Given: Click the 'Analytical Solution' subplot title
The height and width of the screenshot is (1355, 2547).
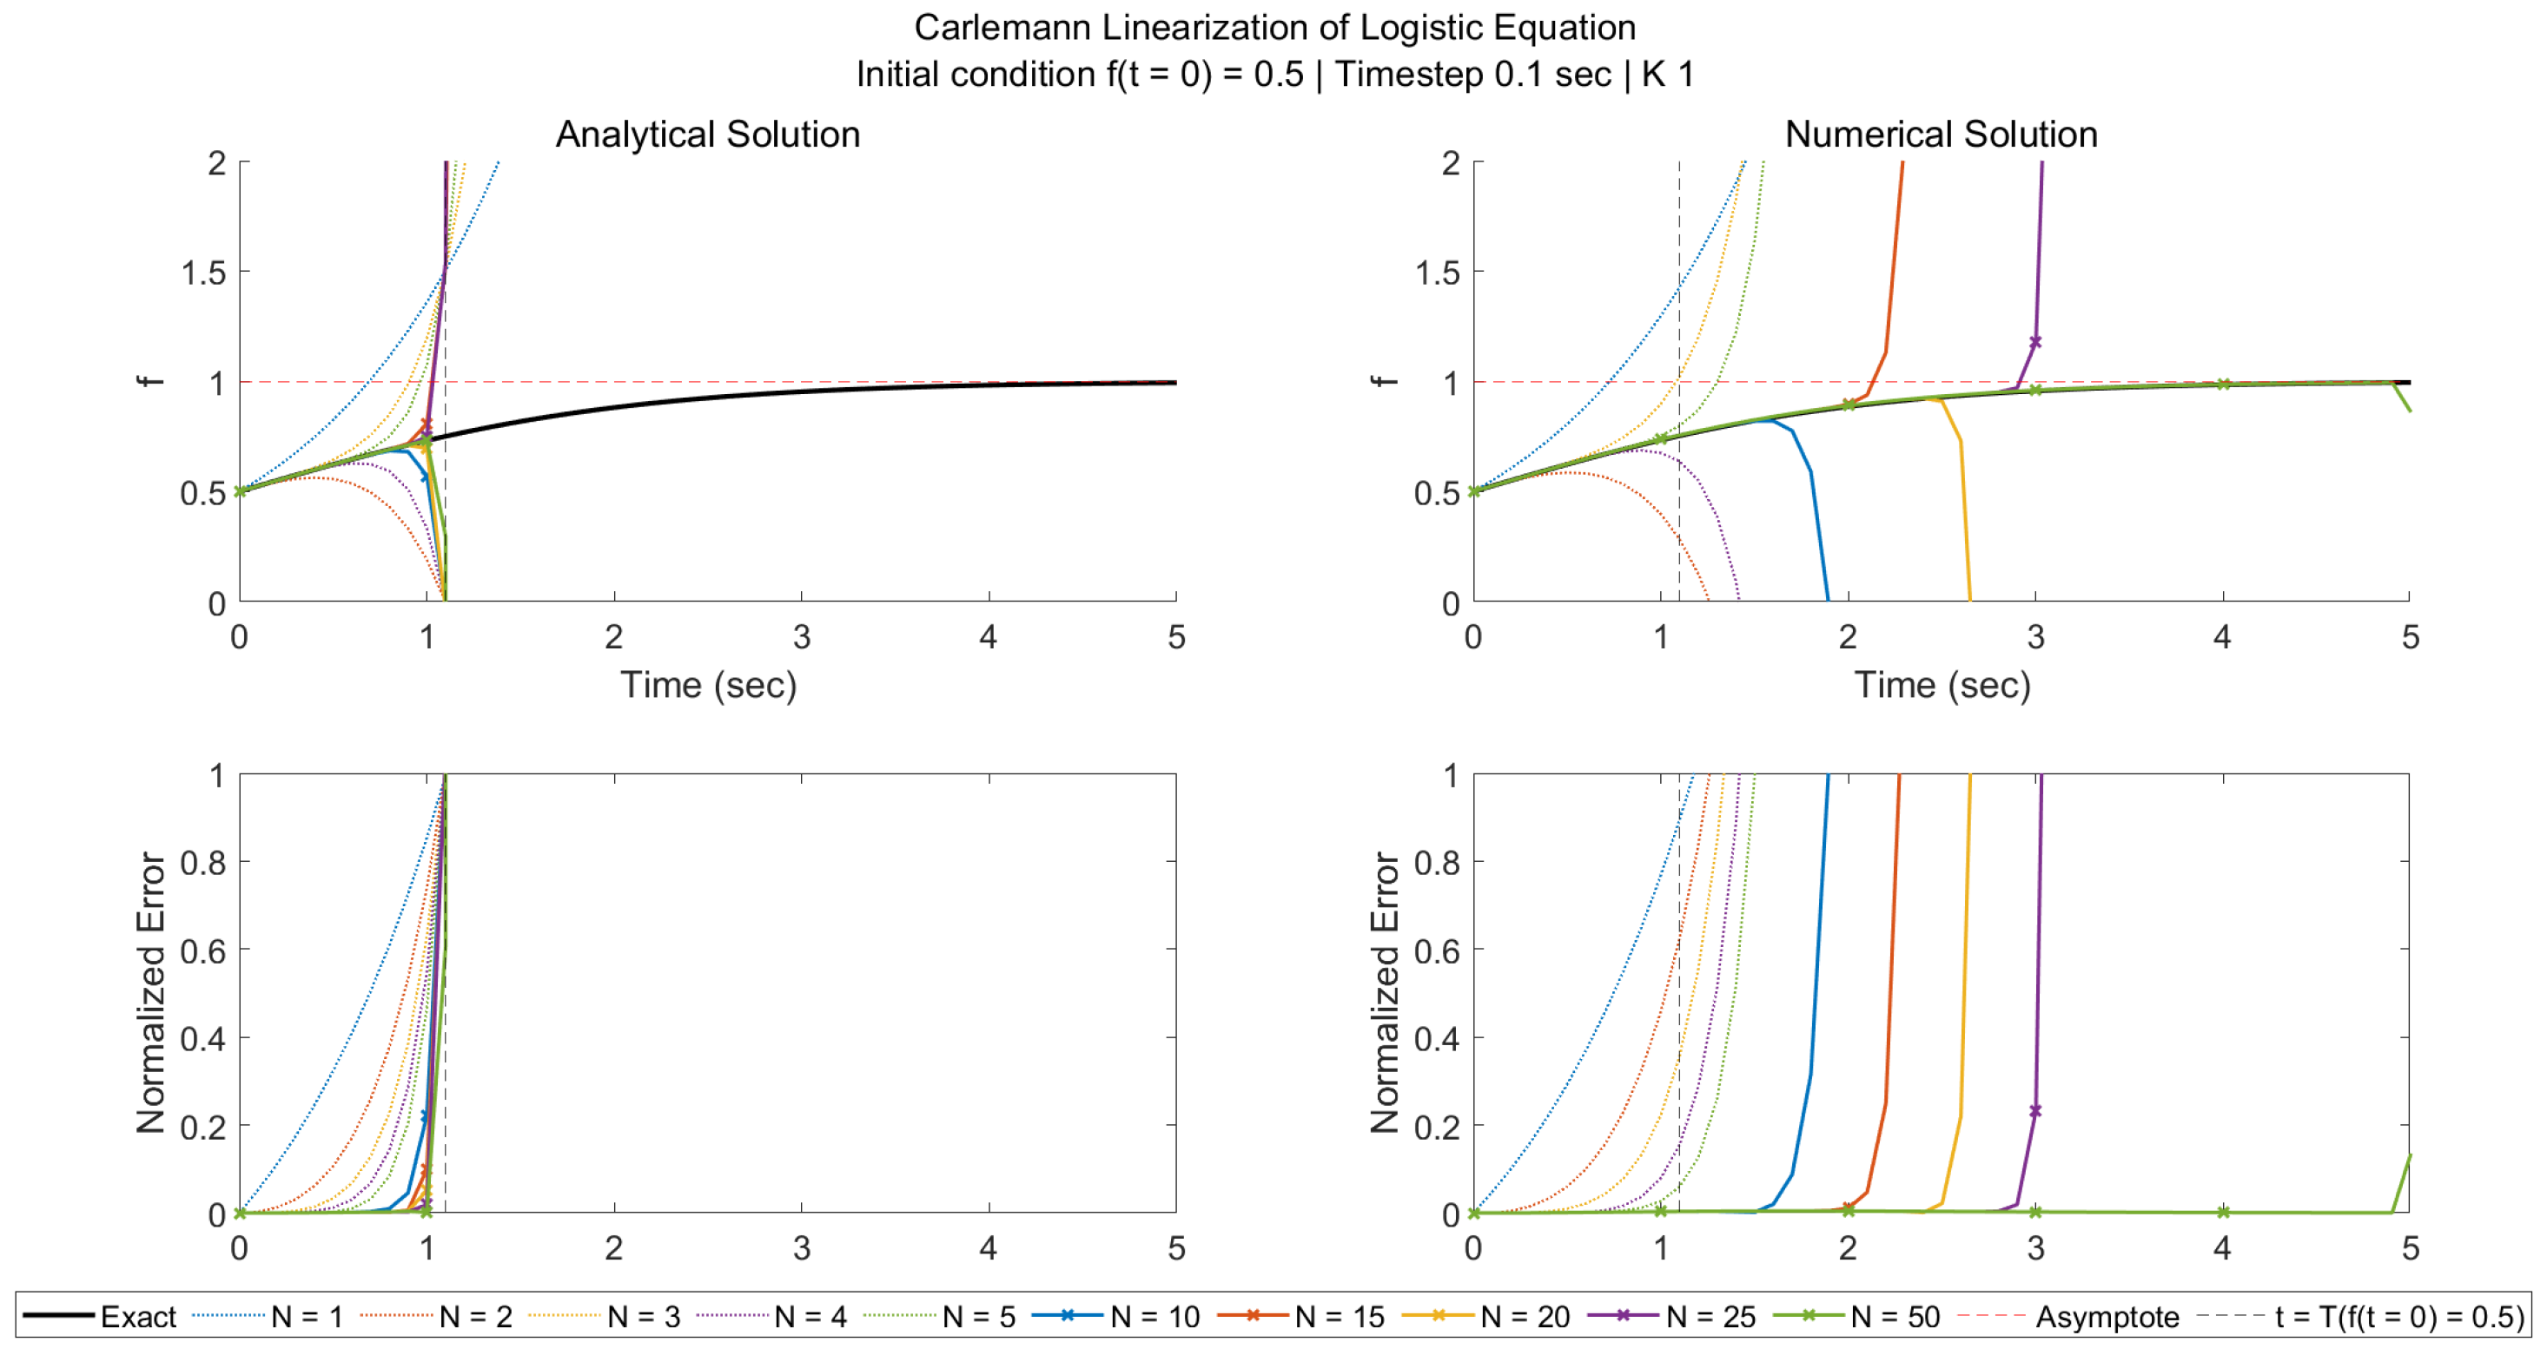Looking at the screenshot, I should pyautogui.click(x=707, y=134).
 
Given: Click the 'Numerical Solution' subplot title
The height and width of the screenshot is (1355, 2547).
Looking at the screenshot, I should pyautogui.click(x=1940, y=134).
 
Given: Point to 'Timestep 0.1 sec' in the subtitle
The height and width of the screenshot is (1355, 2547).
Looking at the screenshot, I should pyautogui.click(x=1473, y=74).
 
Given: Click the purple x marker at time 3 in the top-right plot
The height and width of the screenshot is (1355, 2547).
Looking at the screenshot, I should pyautogui.click(x=2034, y=342).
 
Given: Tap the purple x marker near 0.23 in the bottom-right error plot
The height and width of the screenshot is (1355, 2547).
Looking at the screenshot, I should pyautogui.click(x=2034, y=1111).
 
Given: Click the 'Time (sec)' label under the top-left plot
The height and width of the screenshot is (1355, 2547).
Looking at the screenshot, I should pyautogui.click(x=708, y=684).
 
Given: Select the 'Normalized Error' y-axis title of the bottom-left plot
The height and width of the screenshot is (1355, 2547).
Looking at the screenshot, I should pyautogui.click(x=150, y=992).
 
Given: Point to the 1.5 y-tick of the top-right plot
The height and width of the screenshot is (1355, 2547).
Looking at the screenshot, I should pyautogui.click(x=1437, y=272).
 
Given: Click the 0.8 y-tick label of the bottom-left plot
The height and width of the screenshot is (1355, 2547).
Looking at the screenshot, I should pyautogui.click(x=202, y=862).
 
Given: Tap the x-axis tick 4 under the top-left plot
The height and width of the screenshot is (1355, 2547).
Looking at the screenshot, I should pyautogui.click(x=988, y=636).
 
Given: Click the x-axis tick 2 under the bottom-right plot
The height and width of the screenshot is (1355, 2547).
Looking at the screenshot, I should pyautogui.click(x=1847, y=1247).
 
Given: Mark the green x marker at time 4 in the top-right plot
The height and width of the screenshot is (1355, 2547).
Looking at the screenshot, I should pyautogui.click(x=2223, y=384).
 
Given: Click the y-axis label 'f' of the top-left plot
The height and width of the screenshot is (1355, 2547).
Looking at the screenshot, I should pyautogui.click(x=150, y=381).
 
